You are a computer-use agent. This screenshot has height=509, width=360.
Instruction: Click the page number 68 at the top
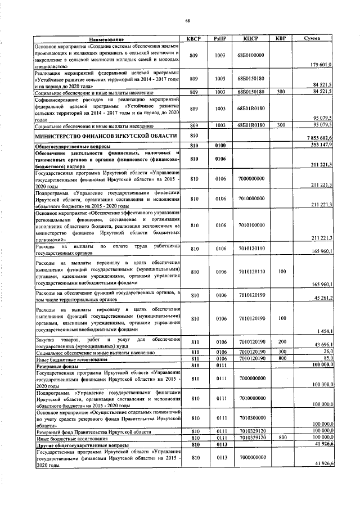click(188, 21)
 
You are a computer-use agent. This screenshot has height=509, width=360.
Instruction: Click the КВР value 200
click(281, 341)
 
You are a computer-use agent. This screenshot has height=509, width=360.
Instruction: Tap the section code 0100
click(220, 146)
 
